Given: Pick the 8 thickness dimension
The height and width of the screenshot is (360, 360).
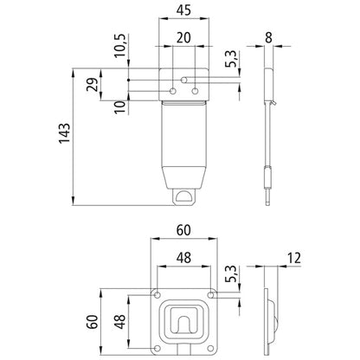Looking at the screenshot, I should [272, 37].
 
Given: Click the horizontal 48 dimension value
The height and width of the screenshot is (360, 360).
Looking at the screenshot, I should [183, 257].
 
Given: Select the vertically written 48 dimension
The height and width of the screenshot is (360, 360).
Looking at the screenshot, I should [119, 322].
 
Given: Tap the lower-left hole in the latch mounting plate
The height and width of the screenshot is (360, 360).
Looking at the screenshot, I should [173, 91].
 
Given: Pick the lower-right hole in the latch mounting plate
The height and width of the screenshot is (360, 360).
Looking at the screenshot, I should [195, 91].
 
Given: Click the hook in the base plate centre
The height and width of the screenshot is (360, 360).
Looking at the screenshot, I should [183, 325].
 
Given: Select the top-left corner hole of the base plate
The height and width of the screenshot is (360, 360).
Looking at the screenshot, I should [157, 295].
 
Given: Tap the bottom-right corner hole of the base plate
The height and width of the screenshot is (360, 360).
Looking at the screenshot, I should [211, 348].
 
